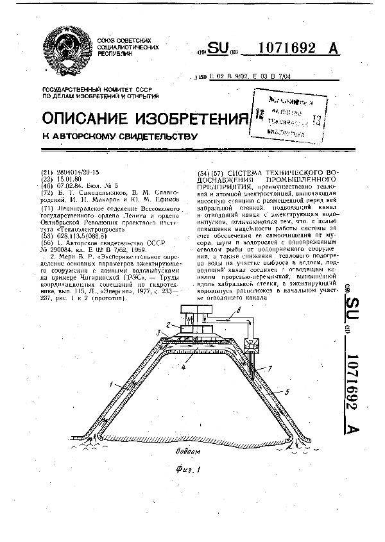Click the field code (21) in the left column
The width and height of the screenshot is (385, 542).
(46, 172)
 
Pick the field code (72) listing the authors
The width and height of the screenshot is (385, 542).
(46, 192)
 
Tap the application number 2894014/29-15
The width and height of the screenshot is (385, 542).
(78, 172)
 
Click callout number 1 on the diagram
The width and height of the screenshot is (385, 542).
(110, 384)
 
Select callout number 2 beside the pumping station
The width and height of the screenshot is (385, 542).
(169, 326)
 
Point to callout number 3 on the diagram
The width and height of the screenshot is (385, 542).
(158, 332)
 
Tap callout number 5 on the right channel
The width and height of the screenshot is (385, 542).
(286, 391)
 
